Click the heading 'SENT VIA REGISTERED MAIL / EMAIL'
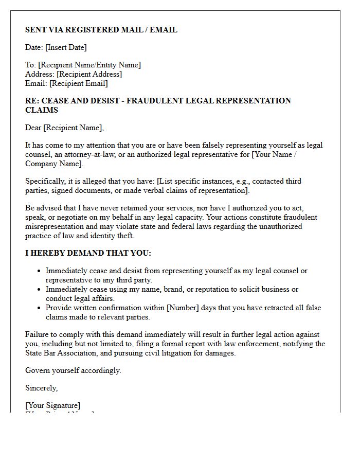(x=101, y=30)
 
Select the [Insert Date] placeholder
(x=66, y=47)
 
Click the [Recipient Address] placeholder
(x=89, y=74)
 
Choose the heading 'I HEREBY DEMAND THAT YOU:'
(x=88, y=253)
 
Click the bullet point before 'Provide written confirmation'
(x=39, y=308)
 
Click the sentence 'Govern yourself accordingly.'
(x=73, y=370)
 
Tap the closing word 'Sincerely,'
(x=42, y=388)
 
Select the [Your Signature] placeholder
(x=52, y=405)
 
